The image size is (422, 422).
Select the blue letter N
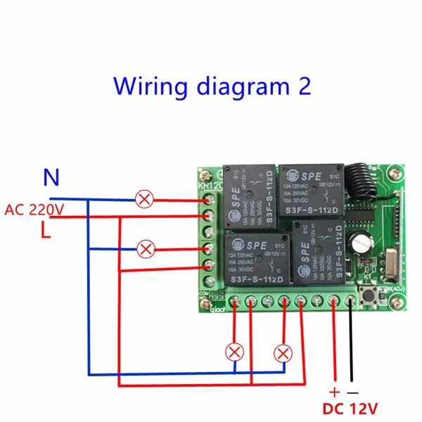point(51,178)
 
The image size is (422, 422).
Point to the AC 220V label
point(34,209)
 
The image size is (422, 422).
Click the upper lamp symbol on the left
point(146,200)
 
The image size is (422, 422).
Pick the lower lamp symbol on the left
point(146,248)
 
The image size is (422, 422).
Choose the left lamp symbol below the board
point(234,352)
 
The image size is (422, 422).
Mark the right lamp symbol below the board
point(283,352)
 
